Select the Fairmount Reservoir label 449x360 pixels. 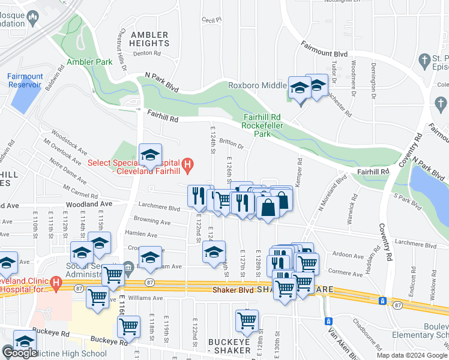pyautogui.click(x=25, y=80)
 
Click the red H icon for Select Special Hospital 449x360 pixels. pyautogui.click(x=187, y=163)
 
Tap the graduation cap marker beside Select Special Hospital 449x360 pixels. pyautogui.click(x=150, y=155)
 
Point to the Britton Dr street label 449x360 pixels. pyautogui.click(x=231, y=145)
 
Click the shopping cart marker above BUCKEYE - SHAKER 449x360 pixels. pyautogui.click(x=247, y=321)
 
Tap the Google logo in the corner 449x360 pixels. pyautogui.click(x=20, y=353)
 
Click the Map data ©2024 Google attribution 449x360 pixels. pyautogui.click(x=411, y=355)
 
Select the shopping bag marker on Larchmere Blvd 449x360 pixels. pyautogui.click(x=268, y=208)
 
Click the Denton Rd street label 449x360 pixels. pyautogui.click(x=146, y=53)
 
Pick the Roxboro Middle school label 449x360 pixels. pyautogui.click(x=257, y=85)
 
